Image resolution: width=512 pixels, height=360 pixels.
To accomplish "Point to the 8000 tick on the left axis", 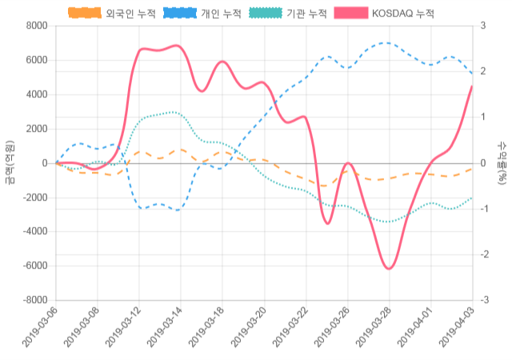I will click(37, 26).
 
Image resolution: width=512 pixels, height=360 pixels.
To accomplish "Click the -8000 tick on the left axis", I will click(34, 300).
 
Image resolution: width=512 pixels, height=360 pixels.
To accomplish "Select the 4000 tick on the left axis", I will click(37, 94).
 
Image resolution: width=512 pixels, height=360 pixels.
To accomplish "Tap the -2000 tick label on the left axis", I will click(34, 198).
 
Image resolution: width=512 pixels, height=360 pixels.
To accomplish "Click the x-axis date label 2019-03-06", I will click(39, 330).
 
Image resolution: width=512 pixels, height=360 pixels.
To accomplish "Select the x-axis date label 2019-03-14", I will click(165, 330).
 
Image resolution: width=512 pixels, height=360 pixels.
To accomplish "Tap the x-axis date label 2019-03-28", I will click(373, 330).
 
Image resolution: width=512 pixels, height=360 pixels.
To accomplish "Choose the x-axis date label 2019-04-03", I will click(456, 330).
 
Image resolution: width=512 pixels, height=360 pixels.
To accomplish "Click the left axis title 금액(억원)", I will click(10, 162).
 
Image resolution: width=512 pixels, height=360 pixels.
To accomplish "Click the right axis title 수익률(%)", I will click(502, 162).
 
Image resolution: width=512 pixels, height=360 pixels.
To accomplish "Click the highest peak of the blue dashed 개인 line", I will click(386, 43).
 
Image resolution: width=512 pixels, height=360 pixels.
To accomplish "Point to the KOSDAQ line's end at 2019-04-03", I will click(472, 86).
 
